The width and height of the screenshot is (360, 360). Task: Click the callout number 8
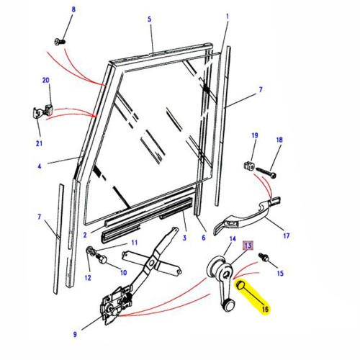tap(73, 9)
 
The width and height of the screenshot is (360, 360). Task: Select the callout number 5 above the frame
tap(150, 20)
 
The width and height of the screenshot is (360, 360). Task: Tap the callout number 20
tap(47, 81)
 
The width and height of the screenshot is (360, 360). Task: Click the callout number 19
tap(254, 136)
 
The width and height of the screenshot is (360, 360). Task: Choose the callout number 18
tap(279, 140)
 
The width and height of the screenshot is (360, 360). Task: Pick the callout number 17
tap(286, 235)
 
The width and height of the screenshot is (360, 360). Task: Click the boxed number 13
tap(247, 246)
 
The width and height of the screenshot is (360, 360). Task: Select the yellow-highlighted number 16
tap(266, 308)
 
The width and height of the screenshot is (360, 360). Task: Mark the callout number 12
tap(89, 278)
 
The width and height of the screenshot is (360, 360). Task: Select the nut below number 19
tap(251, 165)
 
